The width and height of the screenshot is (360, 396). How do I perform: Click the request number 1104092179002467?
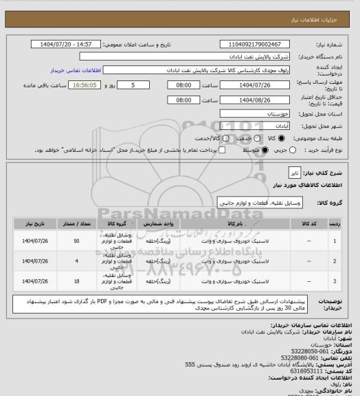(255, 44)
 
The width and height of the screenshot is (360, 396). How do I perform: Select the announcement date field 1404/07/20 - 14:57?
(68, 44)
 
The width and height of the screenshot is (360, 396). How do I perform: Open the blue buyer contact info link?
(76, 70)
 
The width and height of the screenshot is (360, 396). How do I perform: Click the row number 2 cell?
(335, 261)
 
